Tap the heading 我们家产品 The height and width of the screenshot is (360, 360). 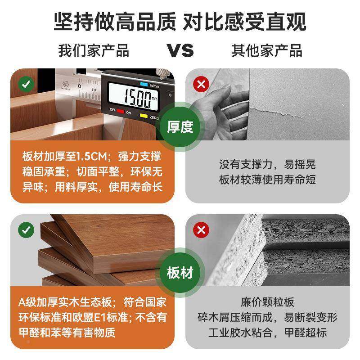94,50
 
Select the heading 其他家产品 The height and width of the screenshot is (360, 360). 267,50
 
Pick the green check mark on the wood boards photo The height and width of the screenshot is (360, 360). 26,230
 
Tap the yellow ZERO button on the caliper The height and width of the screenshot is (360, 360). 144,116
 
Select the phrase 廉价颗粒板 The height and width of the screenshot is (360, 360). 267,302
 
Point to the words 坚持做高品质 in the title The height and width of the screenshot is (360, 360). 115,21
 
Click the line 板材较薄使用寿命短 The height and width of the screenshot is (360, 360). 267,180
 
